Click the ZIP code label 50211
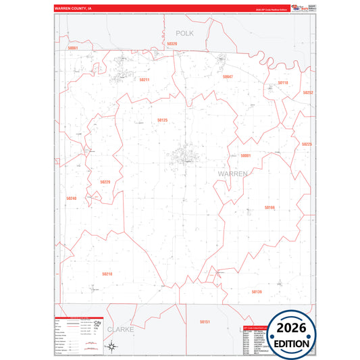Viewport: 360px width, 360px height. (144, 80)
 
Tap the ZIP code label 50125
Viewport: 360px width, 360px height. (162, 120)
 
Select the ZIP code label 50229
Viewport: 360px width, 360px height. (105, 182)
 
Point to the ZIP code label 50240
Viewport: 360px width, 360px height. (72, 199)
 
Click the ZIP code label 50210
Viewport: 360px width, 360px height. (107, 274)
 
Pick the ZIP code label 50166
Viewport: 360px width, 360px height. (269, 207)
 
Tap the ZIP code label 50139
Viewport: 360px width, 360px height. (256, 292)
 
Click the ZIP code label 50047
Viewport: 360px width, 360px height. (228, 77)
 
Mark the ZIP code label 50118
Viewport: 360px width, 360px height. (283, 83)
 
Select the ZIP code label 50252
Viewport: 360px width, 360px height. (307, 93)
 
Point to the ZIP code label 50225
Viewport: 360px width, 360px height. (307, 144)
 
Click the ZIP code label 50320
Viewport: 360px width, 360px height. (172, 44)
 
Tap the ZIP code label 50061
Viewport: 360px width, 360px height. (73, 48)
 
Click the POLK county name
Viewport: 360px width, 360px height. (184, 32)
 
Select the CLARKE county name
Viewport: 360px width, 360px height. (121, 330)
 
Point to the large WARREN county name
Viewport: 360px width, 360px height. (233, 174)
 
